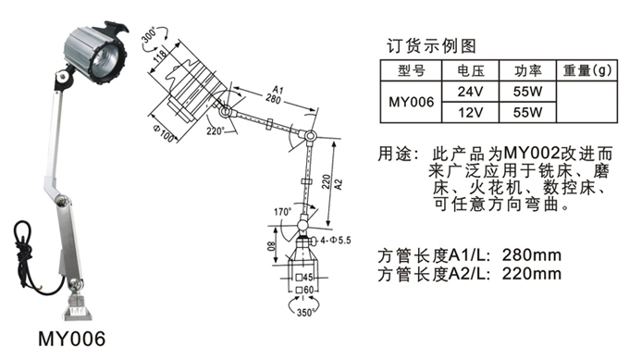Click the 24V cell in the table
click(470, 92)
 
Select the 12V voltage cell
click(470, 112)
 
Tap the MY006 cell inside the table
click(412, 102)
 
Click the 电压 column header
click(470, 71)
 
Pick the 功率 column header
click(527, 71)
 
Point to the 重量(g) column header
click(586, 70)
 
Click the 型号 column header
click(412, 71)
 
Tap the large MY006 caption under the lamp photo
click(72, 339)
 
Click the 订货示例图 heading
click(431, 46)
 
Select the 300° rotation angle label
click(148, 36)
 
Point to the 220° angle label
click(216, 130)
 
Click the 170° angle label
click(283, 212)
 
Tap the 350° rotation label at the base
click(305, 312)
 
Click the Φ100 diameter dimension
click(165, 132)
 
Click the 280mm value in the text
click(532, 254)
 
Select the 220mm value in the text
click(532, 274)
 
